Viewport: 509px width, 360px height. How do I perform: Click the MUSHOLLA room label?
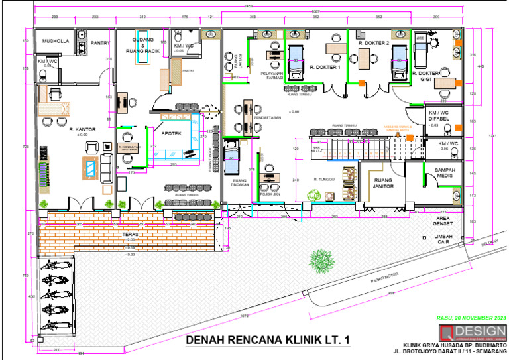56,41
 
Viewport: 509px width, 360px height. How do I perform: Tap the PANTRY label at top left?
100,43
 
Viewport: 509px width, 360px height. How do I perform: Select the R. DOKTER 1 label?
325,68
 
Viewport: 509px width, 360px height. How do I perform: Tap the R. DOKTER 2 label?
373,43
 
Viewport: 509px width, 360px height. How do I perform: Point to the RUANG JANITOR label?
384,183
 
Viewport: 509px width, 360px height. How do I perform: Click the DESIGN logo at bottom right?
473,331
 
